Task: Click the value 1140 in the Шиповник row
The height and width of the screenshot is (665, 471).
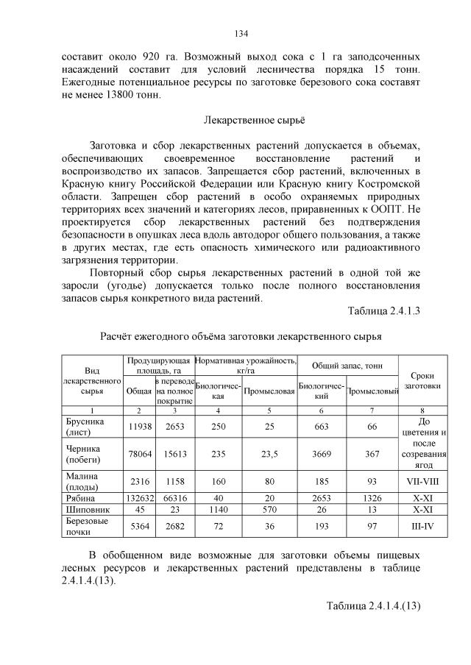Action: pyautogui.click(x=219, y=511)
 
